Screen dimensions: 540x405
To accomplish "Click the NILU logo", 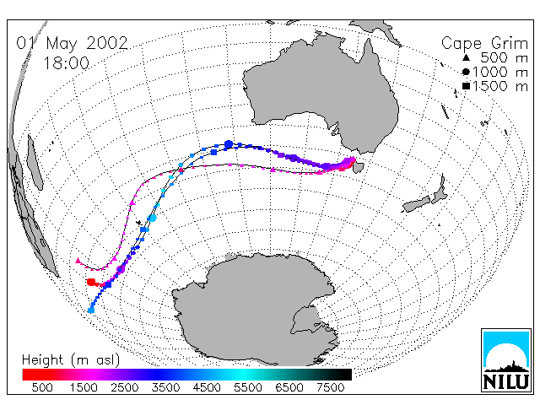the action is coord(506,360).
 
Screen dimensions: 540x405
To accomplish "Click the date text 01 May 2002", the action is coord(73,43).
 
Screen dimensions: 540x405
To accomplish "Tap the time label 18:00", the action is coord(67,63).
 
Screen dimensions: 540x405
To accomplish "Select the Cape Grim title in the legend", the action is coord(484,44).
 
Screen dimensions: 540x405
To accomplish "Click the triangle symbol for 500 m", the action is coord(466,58).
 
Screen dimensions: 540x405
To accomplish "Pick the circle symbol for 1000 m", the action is coord(466,72).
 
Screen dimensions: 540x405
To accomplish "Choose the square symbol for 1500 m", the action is coord(466,86).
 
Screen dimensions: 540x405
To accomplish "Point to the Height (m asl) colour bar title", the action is coord(71,360).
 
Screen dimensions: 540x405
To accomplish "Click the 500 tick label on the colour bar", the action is coord(42,387).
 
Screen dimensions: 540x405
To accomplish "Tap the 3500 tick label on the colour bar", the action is coord(165,387).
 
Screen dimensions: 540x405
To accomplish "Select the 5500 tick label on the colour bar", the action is coord(248,387).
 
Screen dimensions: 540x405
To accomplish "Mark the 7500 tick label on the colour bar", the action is coord(330,387).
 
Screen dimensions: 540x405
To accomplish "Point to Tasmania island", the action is coord(359,167).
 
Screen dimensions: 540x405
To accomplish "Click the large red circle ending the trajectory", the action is coord(91,283).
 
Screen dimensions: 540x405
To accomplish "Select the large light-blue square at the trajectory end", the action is coord(91,310).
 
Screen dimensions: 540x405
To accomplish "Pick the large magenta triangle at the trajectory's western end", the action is coord(78,261).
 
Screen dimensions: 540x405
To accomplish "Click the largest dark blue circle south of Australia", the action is coord(229,144).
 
